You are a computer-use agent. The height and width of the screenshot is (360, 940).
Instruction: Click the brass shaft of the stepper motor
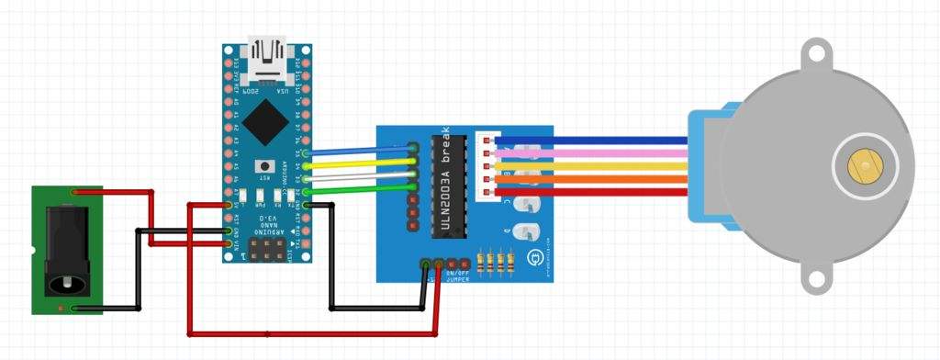click(x=864, y=165)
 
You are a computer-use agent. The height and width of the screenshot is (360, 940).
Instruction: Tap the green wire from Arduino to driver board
click(x=358, y=189)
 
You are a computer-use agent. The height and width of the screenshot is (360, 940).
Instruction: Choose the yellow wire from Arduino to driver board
click(x=358, y=163)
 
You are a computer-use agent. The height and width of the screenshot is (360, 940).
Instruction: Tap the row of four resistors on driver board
click(x=497, y=264)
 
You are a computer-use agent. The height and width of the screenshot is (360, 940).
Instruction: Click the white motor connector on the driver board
click(x=487, y=167)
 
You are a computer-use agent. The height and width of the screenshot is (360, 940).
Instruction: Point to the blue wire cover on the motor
click(x=712, y=165)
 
